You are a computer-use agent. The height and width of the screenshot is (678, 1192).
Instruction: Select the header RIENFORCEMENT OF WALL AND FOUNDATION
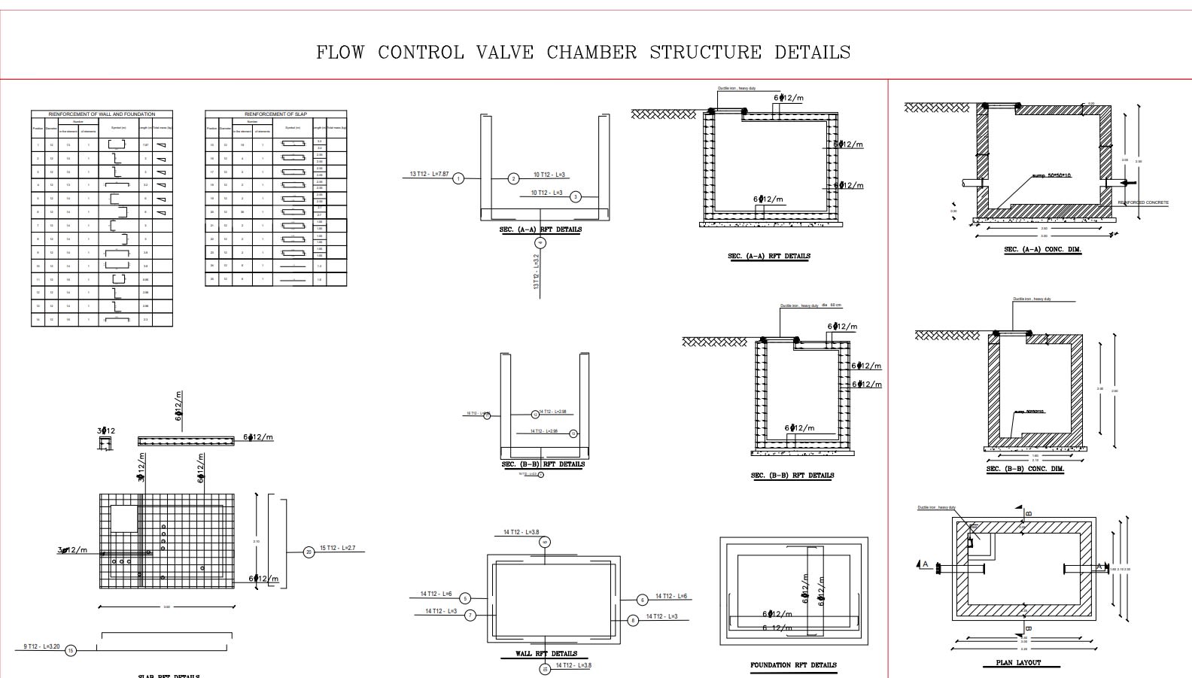102,114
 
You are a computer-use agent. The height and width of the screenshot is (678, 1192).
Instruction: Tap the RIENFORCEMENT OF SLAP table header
275,114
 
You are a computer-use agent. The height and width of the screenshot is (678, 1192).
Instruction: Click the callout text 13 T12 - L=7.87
429,174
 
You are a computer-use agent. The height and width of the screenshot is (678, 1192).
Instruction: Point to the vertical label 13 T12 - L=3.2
537,272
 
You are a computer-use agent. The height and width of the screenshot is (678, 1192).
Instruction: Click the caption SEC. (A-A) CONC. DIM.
1043,250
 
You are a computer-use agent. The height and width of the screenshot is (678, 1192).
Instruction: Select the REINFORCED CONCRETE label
1143,202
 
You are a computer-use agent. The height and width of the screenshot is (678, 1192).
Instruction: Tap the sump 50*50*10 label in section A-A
1051,175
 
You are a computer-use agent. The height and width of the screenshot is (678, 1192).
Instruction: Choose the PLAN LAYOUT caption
1018,663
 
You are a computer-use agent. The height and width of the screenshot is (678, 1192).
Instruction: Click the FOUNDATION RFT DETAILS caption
793,665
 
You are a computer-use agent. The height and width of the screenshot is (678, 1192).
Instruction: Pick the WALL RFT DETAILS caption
546,653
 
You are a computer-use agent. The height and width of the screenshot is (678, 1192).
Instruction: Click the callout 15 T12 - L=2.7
337,549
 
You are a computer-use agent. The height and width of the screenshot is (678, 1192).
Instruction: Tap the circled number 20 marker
309,552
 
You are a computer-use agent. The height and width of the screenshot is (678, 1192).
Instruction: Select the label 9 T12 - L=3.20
41,646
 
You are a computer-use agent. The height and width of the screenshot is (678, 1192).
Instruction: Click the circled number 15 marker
71,651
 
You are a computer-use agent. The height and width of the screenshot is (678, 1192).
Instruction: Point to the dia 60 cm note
832,306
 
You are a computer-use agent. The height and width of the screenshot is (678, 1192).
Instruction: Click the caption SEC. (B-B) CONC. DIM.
1025,470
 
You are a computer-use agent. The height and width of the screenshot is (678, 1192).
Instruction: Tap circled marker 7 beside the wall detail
470,616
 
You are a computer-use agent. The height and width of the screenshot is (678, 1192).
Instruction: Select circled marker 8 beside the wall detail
633,620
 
